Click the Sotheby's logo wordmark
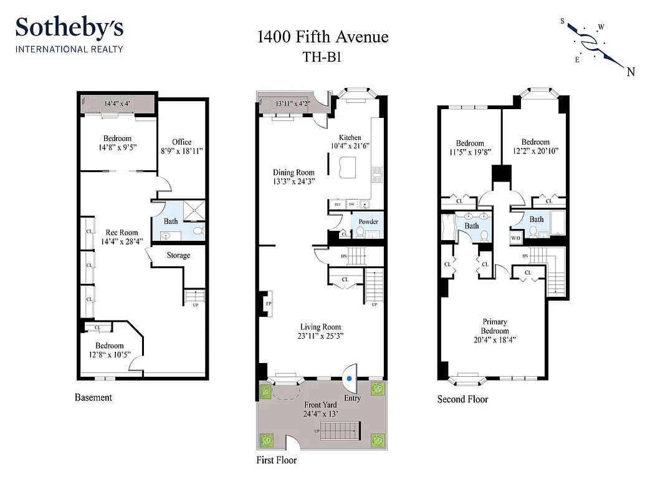[x=69, y=29]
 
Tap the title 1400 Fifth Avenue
[x=323, y=37]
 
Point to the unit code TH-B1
[x=323, y=56]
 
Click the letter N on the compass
[x=631, y=71]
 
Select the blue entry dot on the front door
[x=350, y=378]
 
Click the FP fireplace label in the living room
[x=269, y=304]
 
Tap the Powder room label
[x=368, y=221]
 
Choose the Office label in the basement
[x=182, y=142]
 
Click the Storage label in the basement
[x=178, y=255]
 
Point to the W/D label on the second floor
[x=516, y=238]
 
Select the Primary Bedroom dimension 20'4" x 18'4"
[x=495, y=340]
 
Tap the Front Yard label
[x=322, y=405]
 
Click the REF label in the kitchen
[x=337, y=204]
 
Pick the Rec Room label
[x=122, y=233]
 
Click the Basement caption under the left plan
[x=93, y=397]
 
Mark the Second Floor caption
[x=462, y=399]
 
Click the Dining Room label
[x=294, y=173]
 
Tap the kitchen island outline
[x=347, y=167]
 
